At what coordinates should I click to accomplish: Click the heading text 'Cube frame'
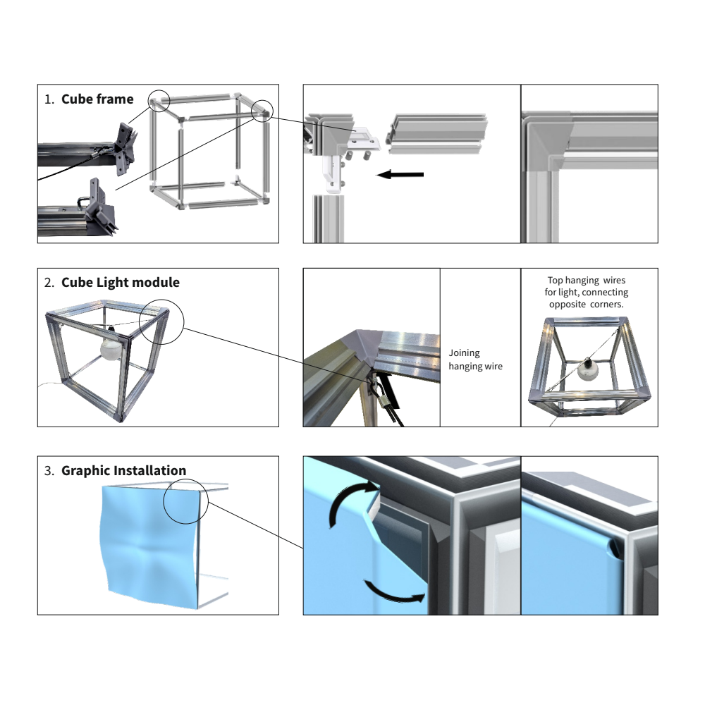(x=97, y=99)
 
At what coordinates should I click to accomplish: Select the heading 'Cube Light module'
(x=121, y=283)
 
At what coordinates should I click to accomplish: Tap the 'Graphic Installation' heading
(x=123, y=471)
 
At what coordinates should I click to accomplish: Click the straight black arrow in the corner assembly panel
(x=400, y=174)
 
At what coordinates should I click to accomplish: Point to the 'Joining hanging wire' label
(x=475, y=360)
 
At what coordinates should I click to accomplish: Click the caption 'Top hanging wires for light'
(x=587, y=286)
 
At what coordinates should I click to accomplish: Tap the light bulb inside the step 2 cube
(x=111, y=348)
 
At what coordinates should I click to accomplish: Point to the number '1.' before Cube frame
(x=49, y=99)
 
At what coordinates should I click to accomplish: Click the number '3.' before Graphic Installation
(x=49, y=471)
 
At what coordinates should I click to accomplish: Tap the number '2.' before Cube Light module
(x=49, y=283)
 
